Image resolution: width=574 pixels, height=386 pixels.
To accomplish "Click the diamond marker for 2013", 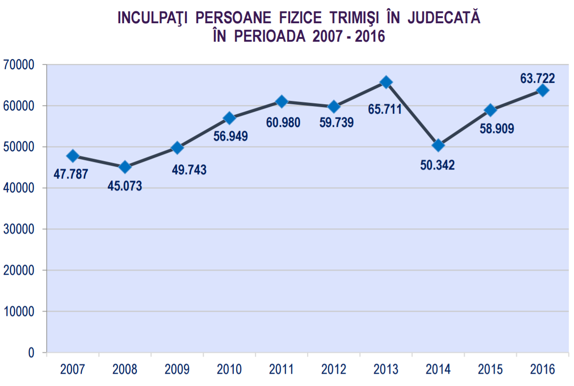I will pos(386,82).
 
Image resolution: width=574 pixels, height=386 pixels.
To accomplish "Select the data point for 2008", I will pos(125,167).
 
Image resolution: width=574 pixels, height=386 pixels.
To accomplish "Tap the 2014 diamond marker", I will pos(438,145).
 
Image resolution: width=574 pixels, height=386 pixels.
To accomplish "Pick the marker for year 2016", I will pos(543,90).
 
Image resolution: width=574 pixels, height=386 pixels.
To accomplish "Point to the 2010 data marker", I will pos(230,117).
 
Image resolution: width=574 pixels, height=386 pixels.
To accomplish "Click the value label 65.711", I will pos(385,110).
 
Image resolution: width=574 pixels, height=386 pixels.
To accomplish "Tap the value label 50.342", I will pos(437,165).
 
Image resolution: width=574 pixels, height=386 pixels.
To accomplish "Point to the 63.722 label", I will pos(537,78).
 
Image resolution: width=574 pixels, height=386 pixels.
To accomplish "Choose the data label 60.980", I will pos(283,123).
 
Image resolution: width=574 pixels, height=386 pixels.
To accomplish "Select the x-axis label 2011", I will pos(282,369).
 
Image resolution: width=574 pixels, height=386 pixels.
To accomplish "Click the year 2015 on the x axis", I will pos(490,369).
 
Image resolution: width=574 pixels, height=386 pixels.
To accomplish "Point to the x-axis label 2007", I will pos(72,369).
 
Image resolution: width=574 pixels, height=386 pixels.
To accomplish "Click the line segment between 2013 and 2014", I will pos(412,114).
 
